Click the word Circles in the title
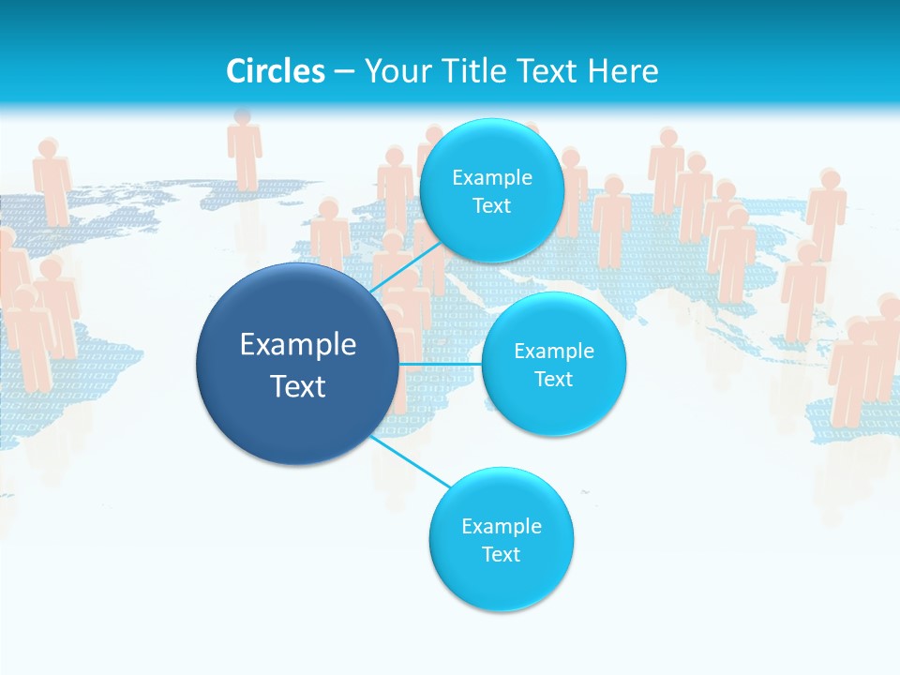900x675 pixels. click(x=275, y=71)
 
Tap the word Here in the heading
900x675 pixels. click(x=622, y=71)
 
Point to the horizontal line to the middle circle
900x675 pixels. click(x=440, y=363)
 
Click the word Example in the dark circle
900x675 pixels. click(x=298, y=344)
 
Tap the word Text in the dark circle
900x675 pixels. click(x=298, y=386)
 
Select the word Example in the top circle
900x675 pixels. click(x=491, y=177)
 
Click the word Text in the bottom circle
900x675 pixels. click(x=501, y=554)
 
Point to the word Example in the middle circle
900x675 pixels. click(x=553, y=351)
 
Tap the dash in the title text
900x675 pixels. click(x=343, y=71)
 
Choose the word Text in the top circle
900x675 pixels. click(x=491, y=205)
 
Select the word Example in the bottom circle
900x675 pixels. click(x=501, y=526)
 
